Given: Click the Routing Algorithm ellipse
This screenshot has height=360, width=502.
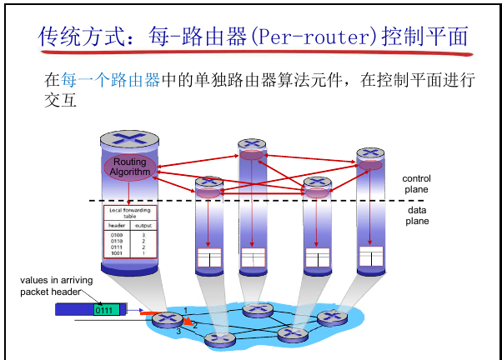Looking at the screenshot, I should [130, 166].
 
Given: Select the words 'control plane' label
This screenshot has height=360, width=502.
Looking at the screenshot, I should [416, 184].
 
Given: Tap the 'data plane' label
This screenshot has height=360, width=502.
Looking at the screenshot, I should [417, 216].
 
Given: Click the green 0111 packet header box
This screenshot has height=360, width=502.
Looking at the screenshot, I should [104, 310].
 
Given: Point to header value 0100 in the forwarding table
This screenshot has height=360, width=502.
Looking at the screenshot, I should [117, 236].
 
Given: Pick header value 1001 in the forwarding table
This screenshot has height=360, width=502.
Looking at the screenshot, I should [117, 253].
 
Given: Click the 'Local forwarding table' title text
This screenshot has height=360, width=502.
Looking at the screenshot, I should [129, 213].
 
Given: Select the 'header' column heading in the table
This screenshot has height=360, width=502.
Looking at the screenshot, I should [117, 226].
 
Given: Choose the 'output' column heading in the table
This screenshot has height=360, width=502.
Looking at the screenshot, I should [143, 226].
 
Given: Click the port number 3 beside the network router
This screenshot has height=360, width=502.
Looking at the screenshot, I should [178, 332].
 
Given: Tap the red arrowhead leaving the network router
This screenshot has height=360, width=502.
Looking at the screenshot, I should [188, 322].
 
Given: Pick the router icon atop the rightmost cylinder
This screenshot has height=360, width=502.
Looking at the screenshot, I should [370, 154].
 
